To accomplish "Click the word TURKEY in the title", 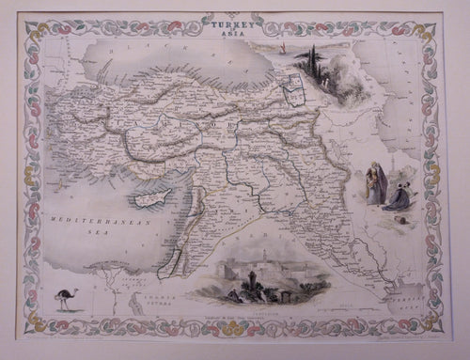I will click(x=231, y=18).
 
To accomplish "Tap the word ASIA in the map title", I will click(x=231, y=27).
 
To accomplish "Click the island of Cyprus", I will click(x=155, y=200).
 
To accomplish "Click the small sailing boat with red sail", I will click(x=281, y=45).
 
